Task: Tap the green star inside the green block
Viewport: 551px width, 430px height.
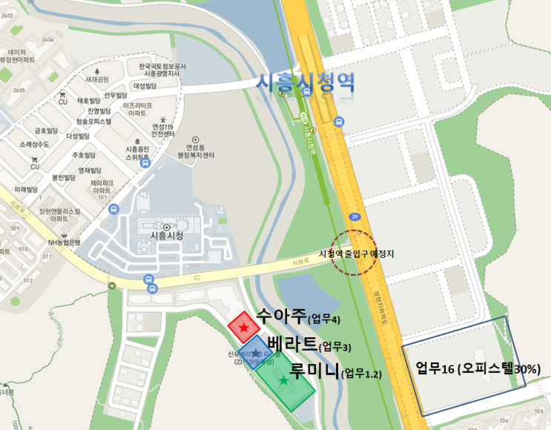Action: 284,380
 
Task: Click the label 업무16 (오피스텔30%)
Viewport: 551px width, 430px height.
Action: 478,368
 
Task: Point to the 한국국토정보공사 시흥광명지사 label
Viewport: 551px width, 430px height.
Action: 156,70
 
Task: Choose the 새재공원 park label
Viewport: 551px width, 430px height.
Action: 97,79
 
